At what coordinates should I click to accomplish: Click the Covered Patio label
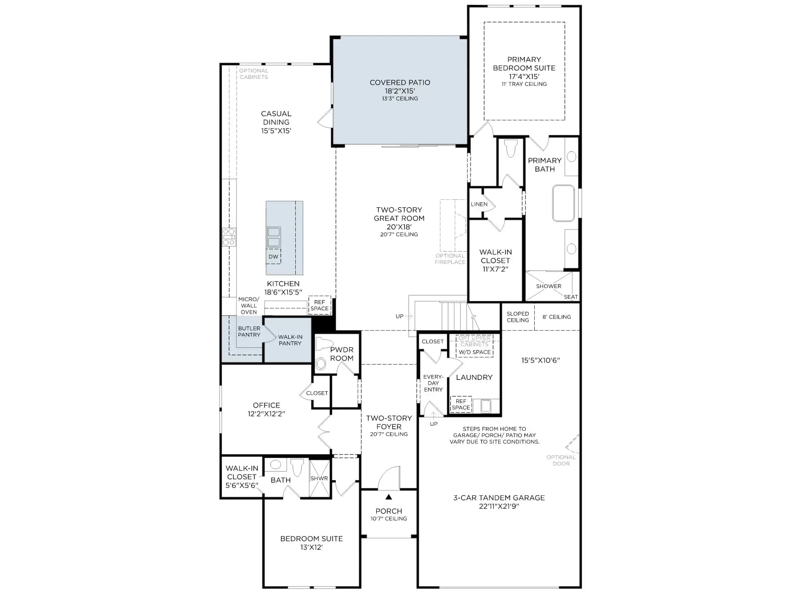pos(399,82)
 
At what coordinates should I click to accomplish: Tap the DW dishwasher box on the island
pos(273,256)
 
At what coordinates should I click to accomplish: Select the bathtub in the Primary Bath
pos(563,203)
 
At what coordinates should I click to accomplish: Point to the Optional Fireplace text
pos(450,259)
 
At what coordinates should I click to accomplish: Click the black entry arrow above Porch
pos(389,497)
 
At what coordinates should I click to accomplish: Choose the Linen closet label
pos(479,204)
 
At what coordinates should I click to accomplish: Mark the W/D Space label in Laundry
pos(474,352)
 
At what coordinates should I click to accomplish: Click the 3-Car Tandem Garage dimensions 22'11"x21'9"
pos(499,506)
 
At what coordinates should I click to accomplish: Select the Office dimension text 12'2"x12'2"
pos(266,414)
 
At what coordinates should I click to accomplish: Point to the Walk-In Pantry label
pos(290,340)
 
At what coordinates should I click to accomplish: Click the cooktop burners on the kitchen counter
pos(229,237)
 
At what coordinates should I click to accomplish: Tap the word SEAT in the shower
pos(570,297)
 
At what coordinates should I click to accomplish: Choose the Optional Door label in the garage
pos(561,460)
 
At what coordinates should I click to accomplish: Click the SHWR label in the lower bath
pos(319,479)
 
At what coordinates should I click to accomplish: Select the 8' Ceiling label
pos(556,317)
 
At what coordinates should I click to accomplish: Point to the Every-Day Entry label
pos(433,383)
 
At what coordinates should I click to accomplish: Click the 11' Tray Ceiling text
pos(524,84)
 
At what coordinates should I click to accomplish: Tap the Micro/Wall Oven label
pos(249,305)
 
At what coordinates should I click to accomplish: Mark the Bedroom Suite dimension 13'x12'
pos(312,548)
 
